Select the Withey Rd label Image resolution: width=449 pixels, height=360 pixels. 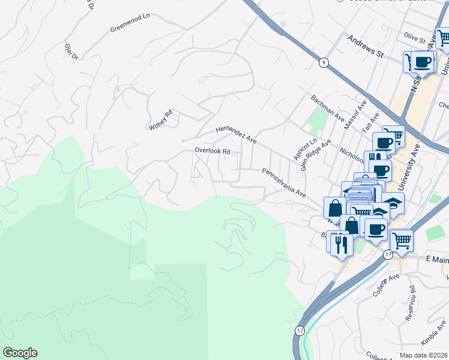[x=161, y=119]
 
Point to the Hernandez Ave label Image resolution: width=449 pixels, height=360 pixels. [x=236, y=135]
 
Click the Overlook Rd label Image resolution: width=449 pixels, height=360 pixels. [x=212, y=151]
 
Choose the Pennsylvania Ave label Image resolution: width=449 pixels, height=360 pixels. [x=284, y=183]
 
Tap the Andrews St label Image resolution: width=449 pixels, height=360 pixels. [x=365, y=46]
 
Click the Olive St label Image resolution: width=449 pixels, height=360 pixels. [x=414, y=38]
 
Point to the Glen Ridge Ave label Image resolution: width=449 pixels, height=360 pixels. [x=316, y=155]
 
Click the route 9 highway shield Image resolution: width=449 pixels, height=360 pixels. [x=324, y=62]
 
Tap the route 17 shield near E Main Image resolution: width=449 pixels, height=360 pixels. [x=388, y=255]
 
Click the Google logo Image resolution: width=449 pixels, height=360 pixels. [x=20, y=353]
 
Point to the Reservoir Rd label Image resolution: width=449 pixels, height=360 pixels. [x=412, y=298]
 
